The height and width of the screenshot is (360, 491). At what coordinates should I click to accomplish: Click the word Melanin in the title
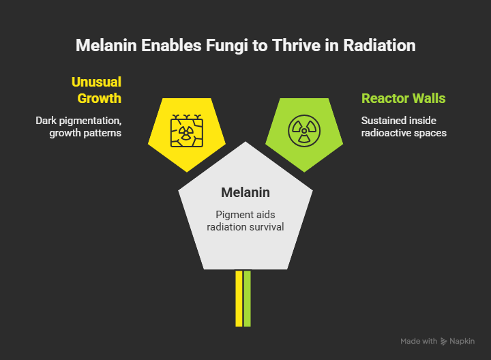tap(106, 46)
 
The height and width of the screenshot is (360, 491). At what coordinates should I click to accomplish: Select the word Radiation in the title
tap(379, 46)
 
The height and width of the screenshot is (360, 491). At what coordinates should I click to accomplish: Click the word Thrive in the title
tap(296, 46)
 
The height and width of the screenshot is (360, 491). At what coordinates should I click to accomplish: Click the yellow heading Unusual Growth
tap(96, 90)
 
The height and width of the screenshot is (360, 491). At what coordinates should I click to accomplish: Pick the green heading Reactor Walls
tap(403, 98)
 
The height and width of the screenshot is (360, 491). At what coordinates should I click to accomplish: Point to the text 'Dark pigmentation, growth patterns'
tap(78, 127)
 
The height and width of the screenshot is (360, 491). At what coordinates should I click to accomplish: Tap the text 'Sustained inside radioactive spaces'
tap(404, 127)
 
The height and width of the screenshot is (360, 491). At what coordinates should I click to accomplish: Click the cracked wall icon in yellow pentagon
tap(187, 130)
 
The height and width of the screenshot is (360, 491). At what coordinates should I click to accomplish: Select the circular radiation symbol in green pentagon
tap(304, 130)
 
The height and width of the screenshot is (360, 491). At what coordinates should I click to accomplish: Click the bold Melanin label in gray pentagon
tap(245, 192)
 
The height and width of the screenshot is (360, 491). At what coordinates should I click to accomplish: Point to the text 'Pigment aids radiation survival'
tap(245, 221)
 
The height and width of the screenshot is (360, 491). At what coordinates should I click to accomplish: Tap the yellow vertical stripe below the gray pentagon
tap(239, 299)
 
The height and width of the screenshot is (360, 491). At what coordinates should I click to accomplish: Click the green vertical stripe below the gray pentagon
tap(247, 299)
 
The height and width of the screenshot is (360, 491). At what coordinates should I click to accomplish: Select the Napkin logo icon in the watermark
tap(443, 342)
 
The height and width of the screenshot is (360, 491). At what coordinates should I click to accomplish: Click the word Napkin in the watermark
tap(462, 341)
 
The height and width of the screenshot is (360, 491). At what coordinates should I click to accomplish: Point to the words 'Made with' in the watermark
tap(419, 341)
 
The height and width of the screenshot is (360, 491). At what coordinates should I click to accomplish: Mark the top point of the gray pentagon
tap(245, 142)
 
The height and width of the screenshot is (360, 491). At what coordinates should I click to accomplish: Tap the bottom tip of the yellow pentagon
tap(187, 172)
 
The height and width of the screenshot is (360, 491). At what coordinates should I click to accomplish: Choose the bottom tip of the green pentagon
tap(304, 172)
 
